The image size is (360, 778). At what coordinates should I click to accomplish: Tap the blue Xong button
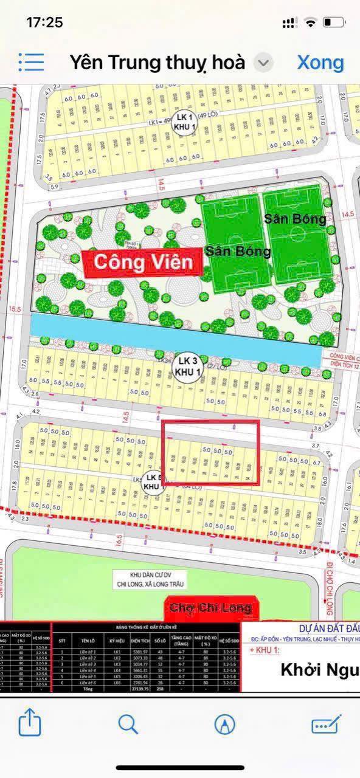point(320,63)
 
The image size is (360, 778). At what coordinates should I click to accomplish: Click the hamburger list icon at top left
point(31,62)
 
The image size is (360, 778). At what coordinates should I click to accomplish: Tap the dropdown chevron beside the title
point(263,63)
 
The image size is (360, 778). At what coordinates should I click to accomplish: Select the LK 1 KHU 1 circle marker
point(182,120)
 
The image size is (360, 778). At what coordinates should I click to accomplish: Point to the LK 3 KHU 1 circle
point(184,367)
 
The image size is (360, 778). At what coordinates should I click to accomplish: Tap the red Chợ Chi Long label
point(210,608)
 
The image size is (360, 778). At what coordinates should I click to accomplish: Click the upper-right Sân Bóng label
point(295,219)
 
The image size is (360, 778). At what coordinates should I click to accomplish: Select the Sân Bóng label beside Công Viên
point(238,251)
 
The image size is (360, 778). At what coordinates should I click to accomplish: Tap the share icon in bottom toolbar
point(30,724)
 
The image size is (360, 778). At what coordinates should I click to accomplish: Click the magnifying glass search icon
point(128,724)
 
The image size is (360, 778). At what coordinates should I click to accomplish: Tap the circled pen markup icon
point(225,724)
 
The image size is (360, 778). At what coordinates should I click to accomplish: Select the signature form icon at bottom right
point(327,724)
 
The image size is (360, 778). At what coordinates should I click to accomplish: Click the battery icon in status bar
point(333,22)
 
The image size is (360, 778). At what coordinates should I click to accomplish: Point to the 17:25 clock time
point(44,22)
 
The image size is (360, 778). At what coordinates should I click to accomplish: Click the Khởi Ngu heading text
point(319,670)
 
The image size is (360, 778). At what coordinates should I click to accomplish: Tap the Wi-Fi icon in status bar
point(311,22)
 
